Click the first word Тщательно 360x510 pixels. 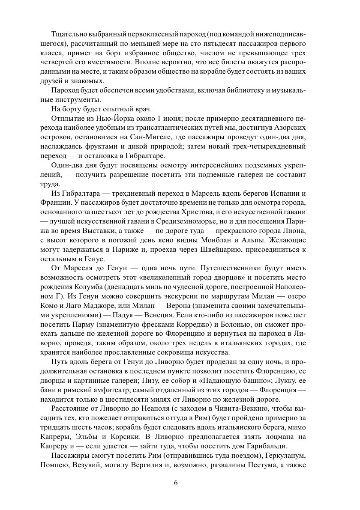(x=68, y=34)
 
